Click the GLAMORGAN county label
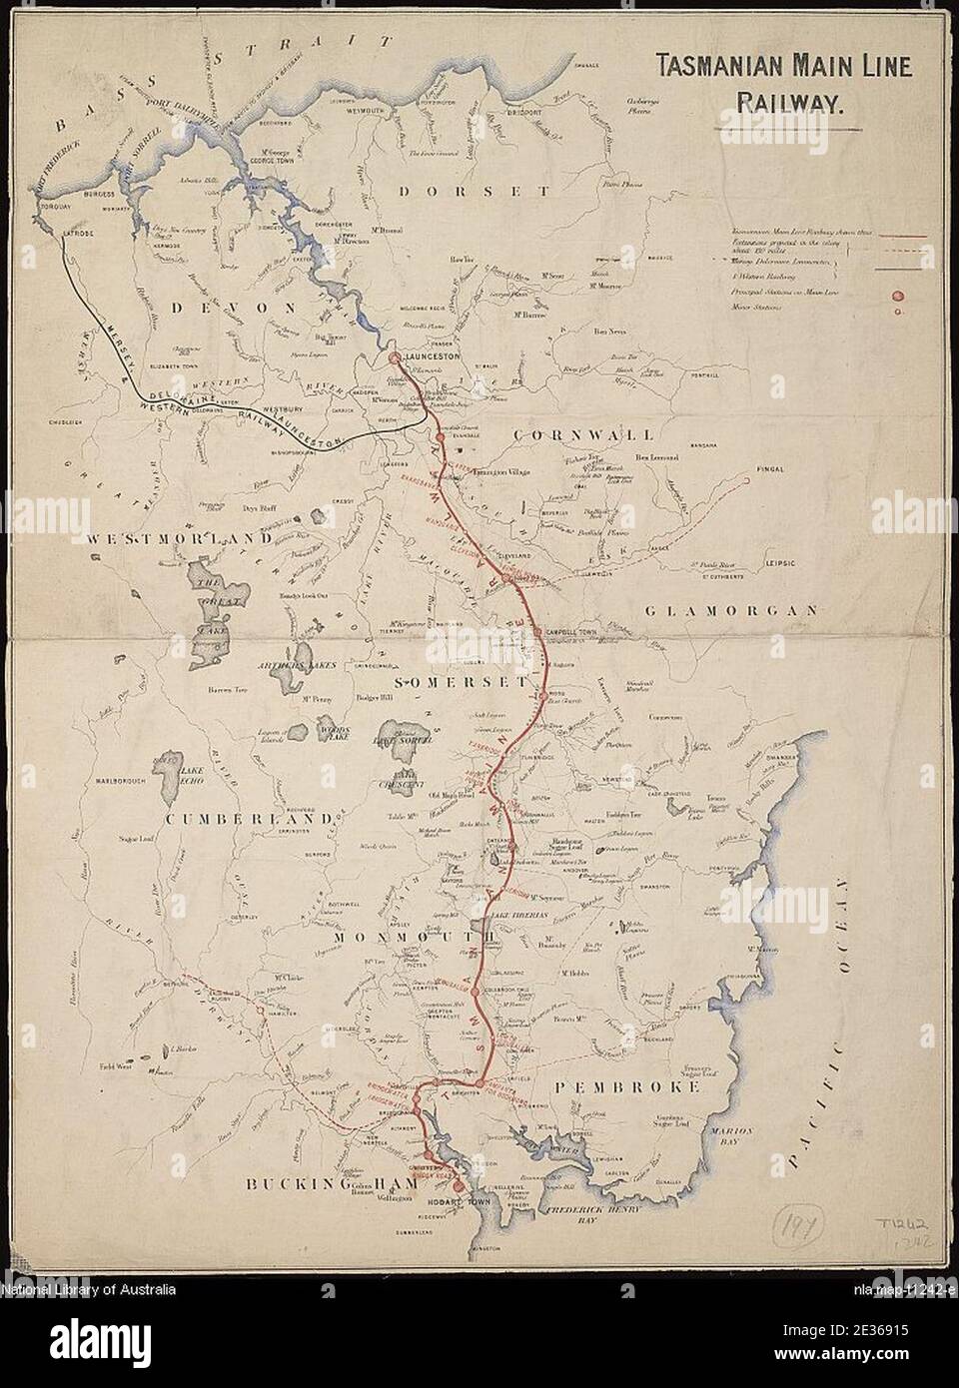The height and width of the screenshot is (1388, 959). click(731, 610)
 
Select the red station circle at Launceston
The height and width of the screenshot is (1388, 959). click(395, 357)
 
